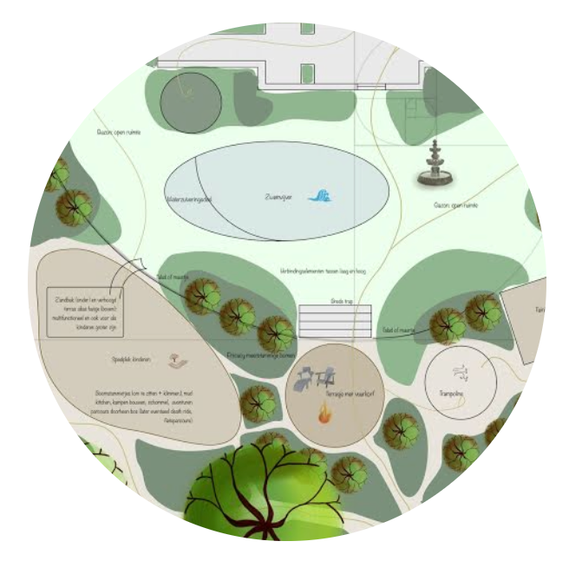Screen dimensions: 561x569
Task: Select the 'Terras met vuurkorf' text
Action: (337, 393)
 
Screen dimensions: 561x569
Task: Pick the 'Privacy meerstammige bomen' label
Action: (261, 355)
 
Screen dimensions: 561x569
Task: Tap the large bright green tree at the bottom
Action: (252, 490)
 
